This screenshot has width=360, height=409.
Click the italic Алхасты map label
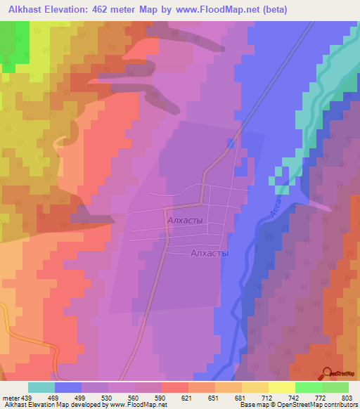click(186, 221)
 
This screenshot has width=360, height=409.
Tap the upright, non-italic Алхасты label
click(210, 254)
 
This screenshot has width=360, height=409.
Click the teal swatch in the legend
click(41, 388)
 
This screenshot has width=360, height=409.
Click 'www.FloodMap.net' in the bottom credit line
click(137, 405)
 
